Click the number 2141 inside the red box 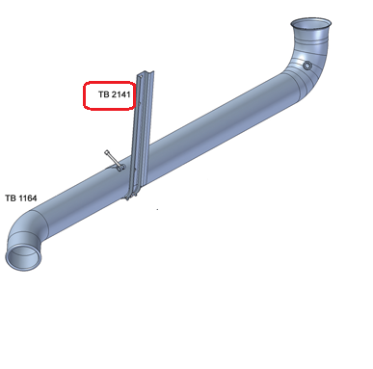pos(121,94)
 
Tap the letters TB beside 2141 pos(104,94)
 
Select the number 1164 pos(28,198)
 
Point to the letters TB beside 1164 pos(11,198)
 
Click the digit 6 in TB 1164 pos(30,198)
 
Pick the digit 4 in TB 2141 pos(123,94)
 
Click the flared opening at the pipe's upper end pos(310,24)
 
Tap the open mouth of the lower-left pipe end pos(24,256)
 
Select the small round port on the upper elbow pos(307,66)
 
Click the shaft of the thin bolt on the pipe pos(113,159)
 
